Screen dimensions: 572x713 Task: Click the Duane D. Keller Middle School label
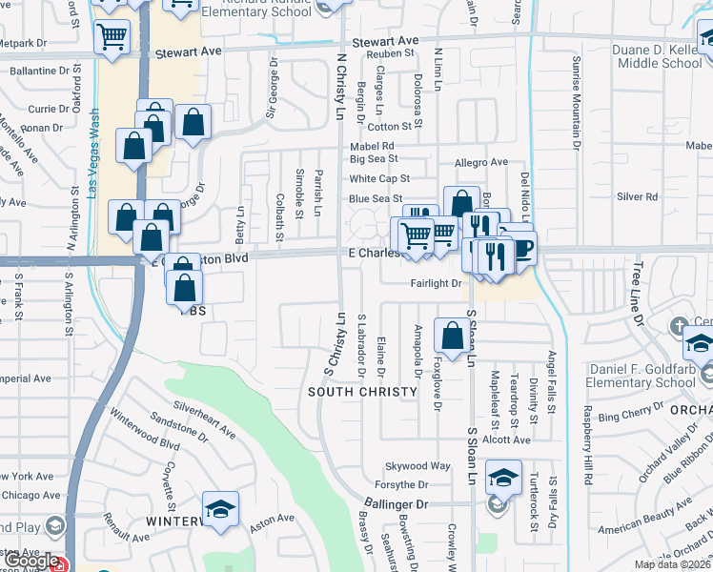[657, 55]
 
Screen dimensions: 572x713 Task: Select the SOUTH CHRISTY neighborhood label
[362, 392]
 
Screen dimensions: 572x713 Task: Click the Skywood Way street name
[418, 466]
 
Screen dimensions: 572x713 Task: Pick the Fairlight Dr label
[436, 283]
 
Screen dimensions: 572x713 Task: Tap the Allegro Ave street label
[481, 163]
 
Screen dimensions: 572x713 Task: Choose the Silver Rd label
[638, 197]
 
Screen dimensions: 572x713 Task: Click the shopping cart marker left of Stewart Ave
[112, 37]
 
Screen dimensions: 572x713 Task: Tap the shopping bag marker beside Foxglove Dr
[451, 335]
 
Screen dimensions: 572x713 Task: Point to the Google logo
[31, 562]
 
